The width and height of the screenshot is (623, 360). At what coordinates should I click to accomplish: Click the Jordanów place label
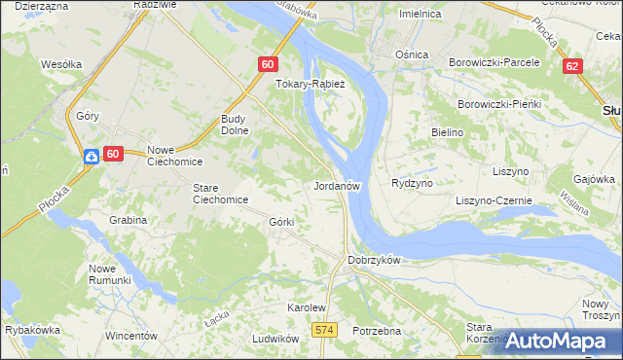click(338, 185)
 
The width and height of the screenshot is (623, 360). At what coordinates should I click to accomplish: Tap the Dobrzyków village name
click(375, 261)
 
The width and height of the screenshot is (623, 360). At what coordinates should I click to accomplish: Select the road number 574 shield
click(325, 331)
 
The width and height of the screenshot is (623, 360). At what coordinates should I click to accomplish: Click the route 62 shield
click(572, 65)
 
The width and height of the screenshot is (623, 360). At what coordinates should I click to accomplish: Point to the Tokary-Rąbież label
click(305, 84)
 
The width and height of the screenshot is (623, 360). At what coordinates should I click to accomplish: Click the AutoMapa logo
click(556, 341)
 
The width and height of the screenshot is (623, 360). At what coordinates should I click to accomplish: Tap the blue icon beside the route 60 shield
click(90, 155)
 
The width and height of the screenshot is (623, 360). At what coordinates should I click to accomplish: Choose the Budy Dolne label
click(238, 126)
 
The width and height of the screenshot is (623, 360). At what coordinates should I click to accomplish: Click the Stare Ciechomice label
click(220, 193)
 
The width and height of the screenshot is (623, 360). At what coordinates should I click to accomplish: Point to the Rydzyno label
click(411, 183)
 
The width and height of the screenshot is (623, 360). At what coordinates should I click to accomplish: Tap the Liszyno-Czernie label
click(494, 200)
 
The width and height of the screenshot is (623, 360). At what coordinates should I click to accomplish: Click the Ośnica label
click(412, 54)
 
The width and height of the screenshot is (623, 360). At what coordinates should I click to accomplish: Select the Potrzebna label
click(378, 331)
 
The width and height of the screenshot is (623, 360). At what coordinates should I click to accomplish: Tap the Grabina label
click(128, 220)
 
